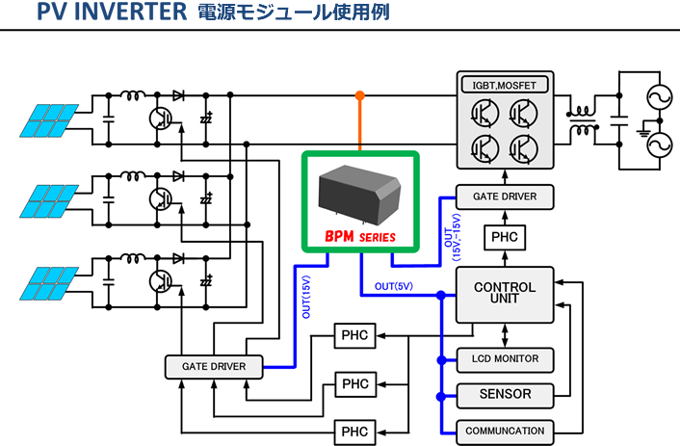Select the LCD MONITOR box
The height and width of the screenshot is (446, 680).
point(505,360)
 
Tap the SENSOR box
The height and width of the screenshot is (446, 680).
point(505,394)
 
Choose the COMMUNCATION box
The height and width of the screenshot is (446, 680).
point(505,431)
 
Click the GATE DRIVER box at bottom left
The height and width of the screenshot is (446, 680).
point(214,367)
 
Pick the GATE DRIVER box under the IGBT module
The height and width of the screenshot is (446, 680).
point(505,197)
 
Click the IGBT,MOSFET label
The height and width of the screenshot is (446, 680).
point(505,86)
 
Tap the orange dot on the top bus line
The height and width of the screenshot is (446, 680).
point(359,95)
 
